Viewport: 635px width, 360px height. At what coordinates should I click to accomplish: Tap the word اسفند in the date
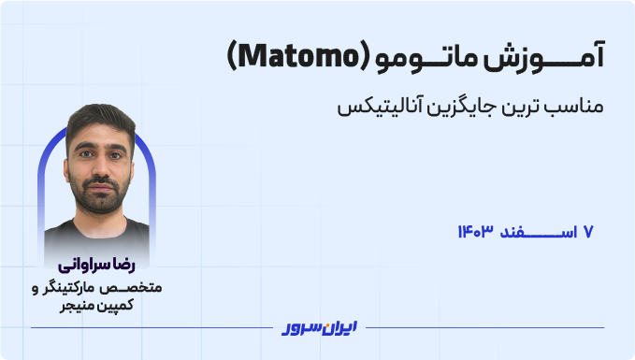pos(537,230)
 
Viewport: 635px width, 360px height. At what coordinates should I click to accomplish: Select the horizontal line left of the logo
pos(150,327)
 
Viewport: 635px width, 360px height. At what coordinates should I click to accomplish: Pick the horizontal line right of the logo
pos(486,327)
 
